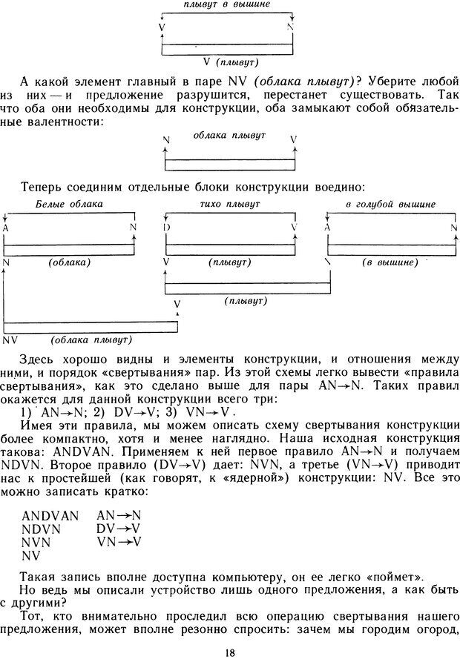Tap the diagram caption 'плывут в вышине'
[227, 5]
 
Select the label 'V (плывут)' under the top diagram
[227, 62]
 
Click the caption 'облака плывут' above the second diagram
[229, 137]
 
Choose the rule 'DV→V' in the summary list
[119, 529]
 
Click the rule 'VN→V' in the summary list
[119, 542]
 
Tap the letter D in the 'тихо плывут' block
[167, 227]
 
